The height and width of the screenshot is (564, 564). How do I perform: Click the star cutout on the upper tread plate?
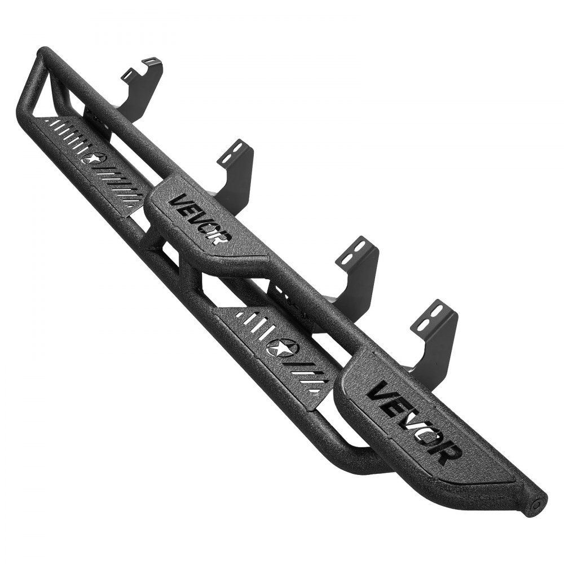[91, 158]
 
